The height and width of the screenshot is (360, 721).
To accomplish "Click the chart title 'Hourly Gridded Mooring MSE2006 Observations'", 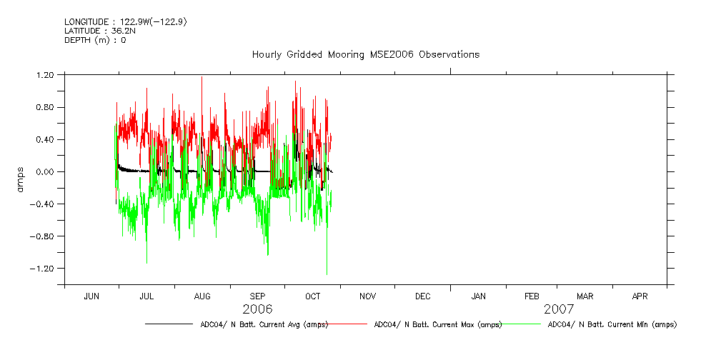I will [x=365, y=55].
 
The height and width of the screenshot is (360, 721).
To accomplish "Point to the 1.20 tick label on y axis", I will [x=45, y=75].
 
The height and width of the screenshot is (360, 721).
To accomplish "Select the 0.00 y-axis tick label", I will [x=45, y=172].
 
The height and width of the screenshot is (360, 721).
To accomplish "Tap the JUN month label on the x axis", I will [x=91, y=296].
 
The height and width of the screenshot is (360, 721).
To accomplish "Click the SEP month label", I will [x=257, y=296].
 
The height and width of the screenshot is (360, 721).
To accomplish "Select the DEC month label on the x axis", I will [x=422, y=296].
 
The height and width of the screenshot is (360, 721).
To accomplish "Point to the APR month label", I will [x=640, y=296].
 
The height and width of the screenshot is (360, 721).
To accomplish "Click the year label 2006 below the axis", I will [x=257, y=309].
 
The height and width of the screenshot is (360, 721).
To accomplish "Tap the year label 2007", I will [x=559, y=309].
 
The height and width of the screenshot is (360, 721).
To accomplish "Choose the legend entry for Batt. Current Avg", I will [x=264, y=324].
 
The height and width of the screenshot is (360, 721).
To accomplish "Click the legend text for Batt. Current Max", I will [x=438, y=324].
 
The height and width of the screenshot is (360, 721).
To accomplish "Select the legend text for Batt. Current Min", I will [x=612, y=324].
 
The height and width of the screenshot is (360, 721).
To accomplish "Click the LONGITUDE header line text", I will [x=126, y=21].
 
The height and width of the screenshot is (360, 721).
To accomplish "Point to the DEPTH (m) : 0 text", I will [x=95, y=40].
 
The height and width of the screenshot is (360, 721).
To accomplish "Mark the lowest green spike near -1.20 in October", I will [x=327, y=274].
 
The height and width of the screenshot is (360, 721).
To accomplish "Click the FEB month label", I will [x=532, y=296].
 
